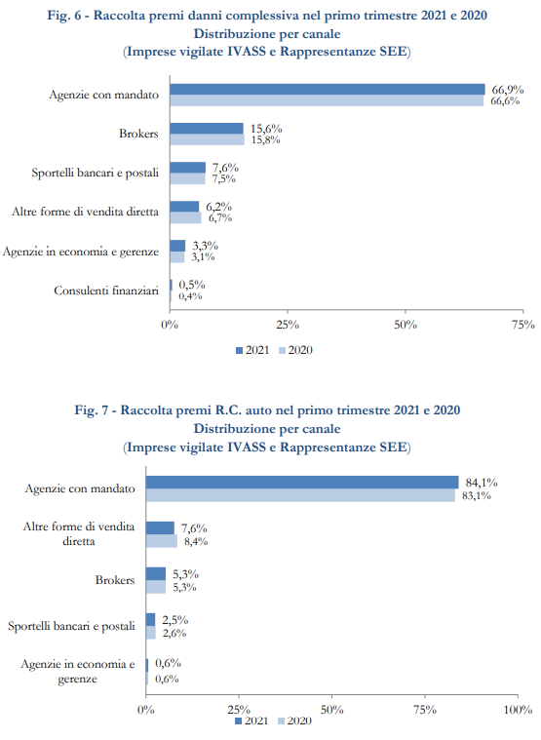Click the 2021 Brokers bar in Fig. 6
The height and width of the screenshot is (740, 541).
(x=207, y=129)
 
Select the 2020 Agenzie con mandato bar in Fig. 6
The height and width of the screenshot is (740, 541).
(x=327, y=100)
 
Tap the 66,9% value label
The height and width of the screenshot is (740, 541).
(x=508, y=90)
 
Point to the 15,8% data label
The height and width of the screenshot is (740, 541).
(x=265, y=139)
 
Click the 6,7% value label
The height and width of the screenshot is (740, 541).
(x=220, y=218)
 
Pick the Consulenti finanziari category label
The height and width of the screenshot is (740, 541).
(x=106, y=291)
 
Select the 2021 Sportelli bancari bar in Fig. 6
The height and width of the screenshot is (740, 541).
(x=188, y=168)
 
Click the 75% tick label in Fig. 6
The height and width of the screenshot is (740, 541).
(x=523, y=325)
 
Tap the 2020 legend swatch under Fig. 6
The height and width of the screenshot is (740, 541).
(x=282, y=351)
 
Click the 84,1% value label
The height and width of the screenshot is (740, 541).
(x=482, y=483)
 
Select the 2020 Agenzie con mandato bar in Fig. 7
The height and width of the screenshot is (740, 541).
(x=300, y=495)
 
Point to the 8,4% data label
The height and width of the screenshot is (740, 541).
(x=196, y=541)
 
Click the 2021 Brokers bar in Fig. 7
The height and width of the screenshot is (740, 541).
(x=156, y=574)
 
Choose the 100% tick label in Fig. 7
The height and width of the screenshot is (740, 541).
(x=518, y=710)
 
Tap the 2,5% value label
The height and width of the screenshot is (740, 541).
(x=175, y=620)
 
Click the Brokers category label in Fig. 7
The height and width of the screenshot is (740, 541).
(x=115, y=580)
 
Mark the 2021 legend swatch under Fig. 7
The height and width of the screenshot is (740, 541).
(x=238, y=721)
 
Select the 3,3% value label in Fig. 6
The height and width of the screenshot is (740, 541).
(x=205, y=246)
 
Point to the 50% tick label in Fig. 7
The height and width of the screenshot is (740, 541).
(x=331, y=710)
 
